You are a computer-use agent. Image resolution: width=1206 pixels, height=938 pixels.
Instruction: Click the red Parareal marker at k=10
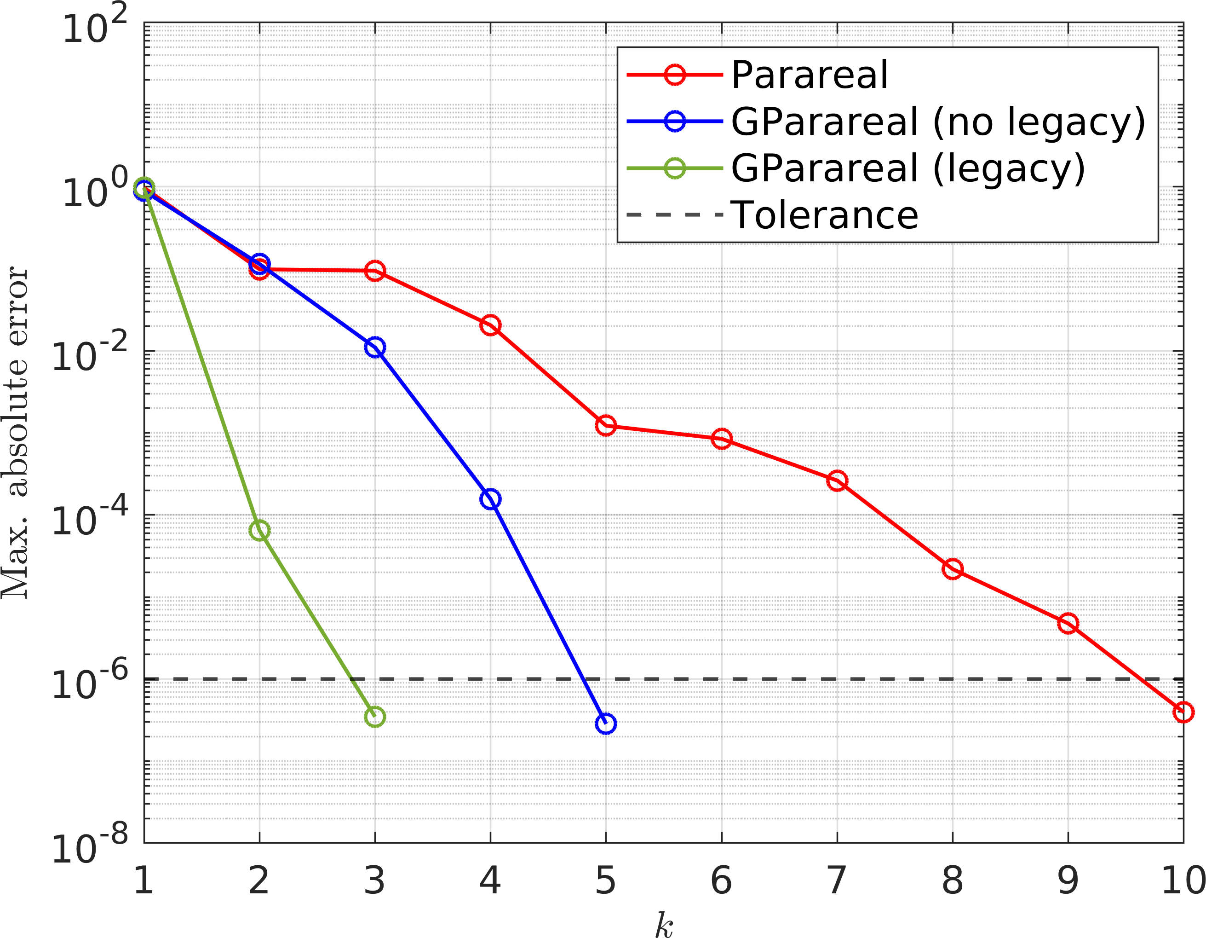coord(1183,712)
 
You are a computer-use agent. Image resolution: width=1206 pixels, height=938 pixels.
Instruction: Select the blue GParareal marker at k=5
coord(606,723)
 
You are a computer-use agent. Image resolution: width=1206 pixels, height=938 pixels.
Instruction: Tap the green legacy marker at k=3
coord(375,717)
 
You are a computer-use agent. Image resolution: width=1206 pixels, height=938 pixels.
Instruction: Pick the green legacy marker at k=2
coord(259,530)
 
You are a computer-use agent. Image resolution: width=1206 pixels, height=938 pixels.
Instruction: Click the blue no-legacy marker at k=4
coord(490,499)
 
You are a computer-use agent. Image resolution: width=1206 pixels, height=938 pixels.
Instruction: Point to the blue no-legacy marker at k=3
coord(375,347)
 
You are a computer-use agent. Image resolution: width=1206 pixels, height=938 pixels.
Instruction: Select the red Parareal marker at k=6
coord(722,439)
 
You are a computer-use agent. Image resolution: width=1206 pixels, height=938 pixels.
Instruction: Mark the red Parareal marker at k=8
coord(953,569)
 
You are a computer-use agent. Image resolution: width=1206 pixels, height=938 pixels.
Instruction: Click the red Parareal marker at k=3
coord(375,271)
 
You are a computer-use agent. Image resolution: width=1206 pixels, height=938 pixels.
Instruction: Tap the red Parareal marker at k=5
coord(606,425)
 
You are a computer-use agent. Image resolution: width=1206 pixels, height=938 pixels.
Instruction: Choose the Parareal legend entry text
coord(810,75)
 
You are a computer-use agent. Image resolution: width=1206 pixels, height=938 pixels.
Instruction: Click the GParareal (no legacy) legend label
coord(938,122)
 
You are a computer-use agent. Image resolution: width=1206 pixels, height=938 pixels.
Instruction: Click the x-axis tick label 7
coord(837,880)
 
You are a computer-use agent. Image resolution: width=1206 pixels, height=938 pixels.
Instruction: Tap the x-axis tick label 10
coord(1183,880)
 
